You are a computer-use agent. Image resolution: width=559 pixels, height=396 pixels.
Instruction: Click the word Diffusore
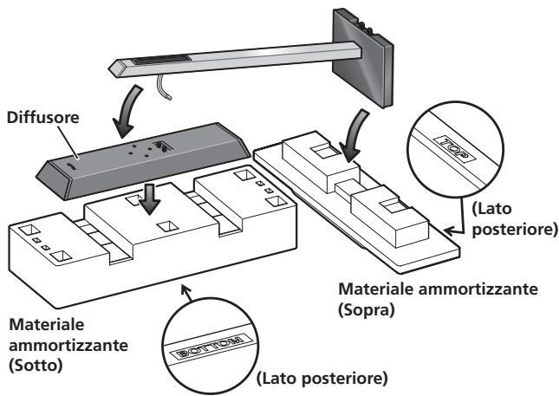coord(42,118)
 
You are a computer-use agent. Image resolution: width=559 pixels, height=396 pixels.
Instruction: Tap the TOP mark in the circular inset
coord(454,147)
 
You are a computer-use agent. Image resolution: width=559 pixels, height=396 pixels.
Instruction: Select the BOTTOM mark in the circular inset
coord(211,346)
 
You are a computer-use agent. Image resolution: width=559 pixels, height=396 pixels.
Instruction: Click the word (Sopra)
coord(367,310)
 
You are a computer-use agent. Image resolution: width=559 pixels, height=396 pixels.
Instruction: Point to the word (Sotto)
coord(36,366)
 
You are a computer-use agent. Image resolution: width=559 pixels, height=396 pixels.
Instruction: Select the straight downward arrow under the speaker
coord(150,199)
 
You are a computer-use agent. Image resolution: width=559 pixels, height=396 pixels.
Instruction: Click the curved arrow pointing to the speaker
coord(127,111)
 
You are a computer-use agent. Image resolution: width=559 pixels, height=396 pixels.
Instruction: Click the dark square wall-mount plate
coord(363,58)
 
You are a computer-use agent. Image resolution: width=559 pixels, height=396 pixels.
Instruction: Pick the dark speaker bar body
coord(143,160)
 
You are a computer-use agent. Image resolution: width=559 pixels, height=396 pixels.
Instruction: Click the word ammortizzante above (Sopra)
coord(478,289)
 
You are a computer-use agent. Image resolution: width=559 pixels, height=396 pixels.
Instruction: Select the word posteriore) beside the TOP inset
coord(514,230)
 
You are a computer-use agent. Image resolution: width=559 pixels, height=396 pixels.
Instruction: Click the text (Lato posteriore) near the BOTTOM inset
coord(322,378)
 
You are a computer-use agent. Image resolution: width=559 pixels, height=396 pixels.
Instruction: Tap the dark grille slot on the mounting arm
coord(161,61)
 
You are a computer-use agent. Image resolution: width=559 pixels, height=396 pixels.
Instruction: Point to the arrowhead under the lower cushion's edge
coord(185,289)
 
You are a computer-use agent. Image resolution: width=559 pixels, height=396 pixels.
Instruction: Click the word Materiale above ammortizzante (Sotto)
coord(47,325)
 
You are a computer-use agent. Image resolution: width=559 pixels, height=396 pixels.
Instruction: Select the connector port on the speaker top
coord(161,146)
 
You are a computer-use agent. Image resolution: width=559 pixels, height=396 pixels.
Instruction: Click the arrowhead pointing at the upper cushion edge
coord(450,231)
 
